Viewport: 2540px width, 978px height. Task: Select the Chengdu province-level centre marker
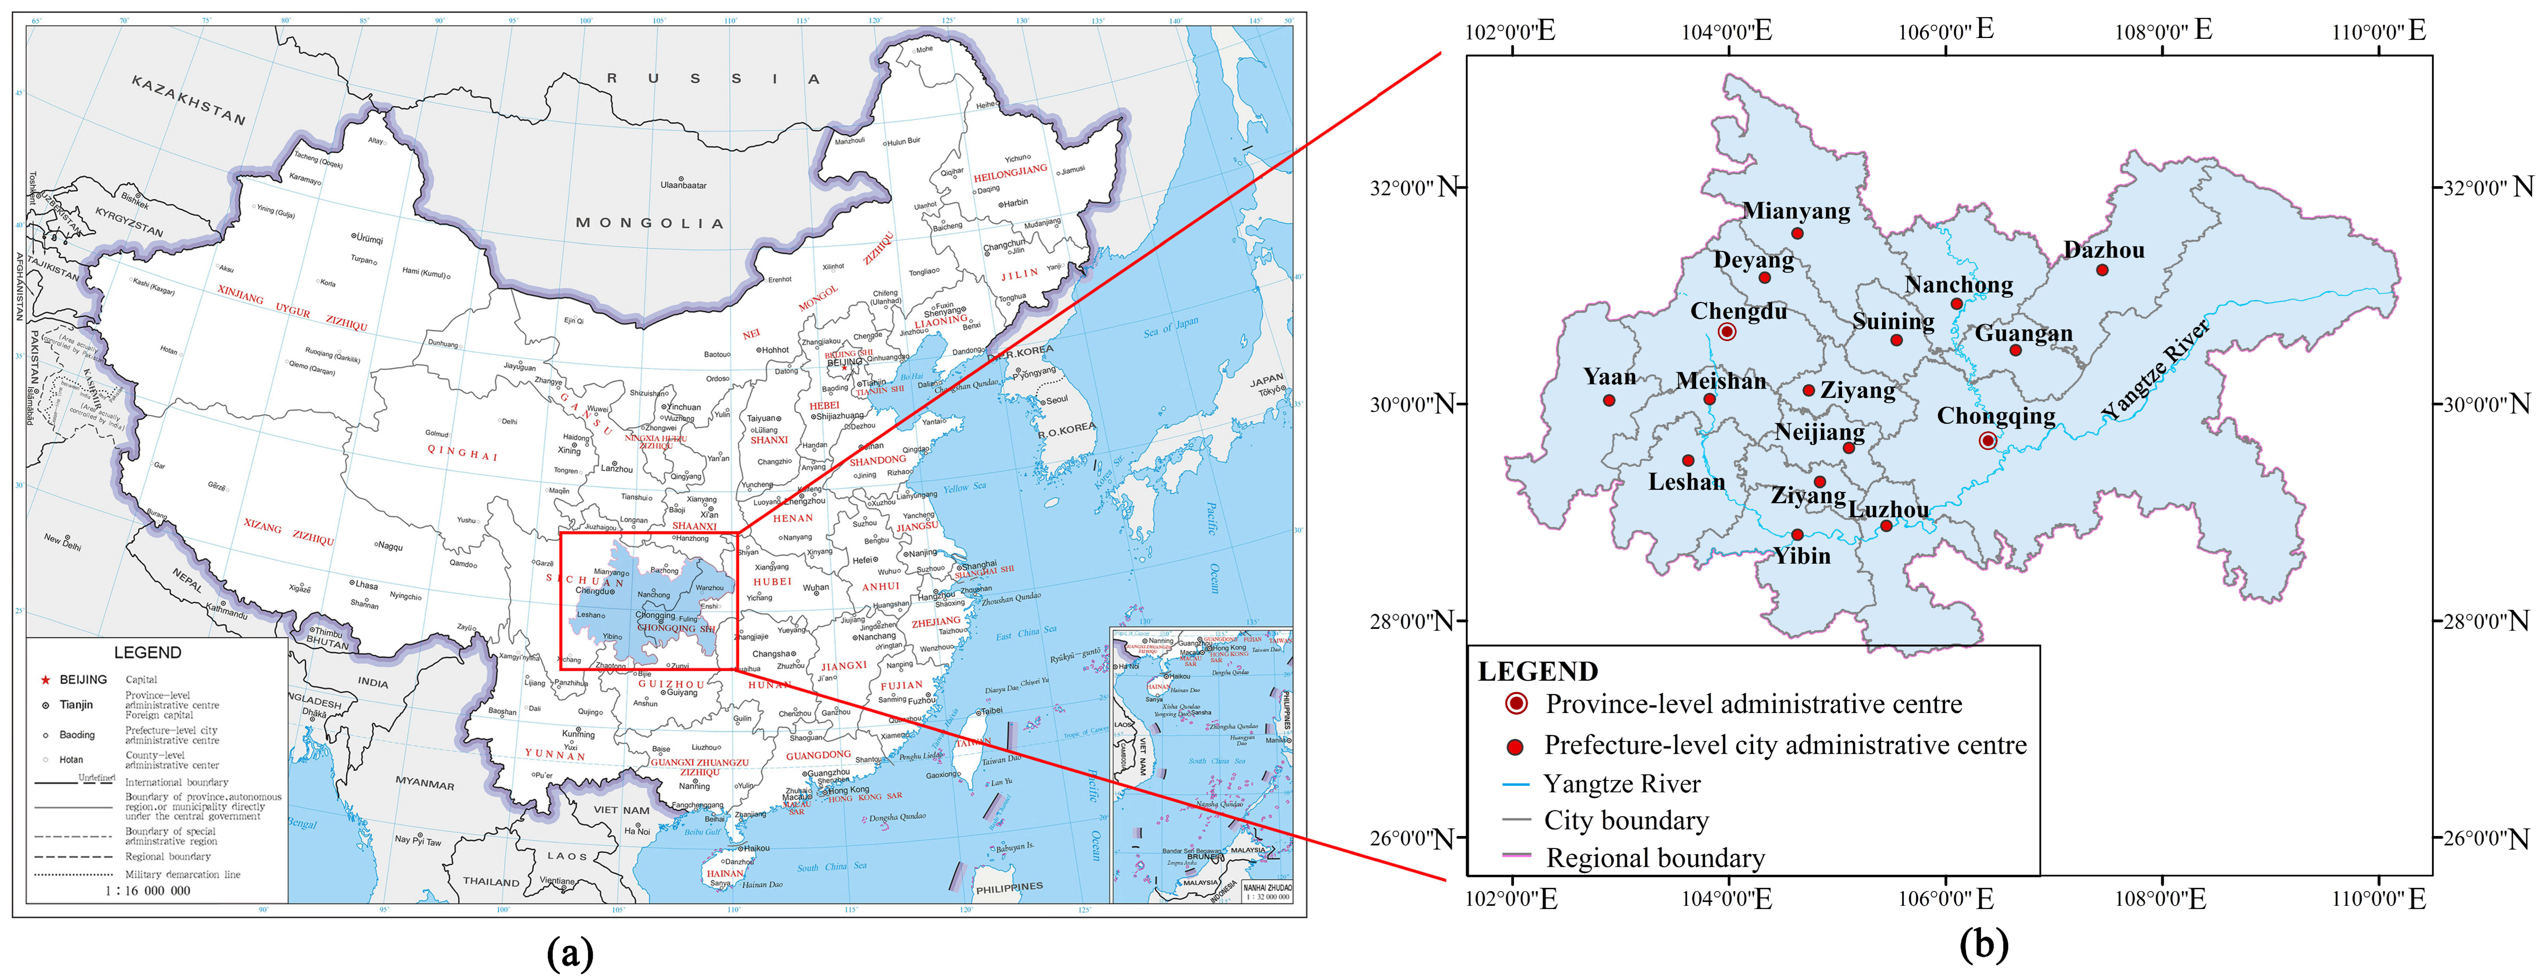(1726, 332)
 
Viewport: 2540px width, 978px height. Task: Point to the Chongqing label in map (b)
(1996, 416)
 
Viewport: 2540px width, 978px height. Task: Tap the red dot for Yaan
(1609, 400)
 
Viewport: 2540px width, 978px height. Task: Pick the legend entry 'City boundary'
(1626, 820)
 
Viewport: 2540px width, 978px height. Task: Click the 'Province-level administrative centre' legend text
(1753, 704)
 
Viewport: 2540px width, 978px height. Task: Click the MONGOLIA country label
(649, 223)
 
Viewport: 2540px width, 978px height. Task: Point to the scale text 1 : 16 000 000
(148, 890)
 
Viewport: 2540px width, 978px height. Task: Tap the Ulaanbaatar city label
(683, 184)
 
